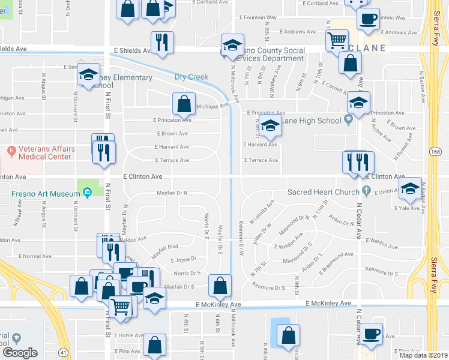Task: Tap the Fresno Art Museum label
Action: [46, 193]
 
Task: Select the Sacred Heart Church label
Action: [323, 192]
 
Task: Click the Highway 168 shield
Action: [435, 151]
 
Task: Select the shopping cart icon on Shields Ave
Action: [336, 40]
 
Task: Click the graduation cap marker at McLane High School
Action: [271, 126]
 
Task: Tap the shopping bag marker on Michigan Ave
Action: [184, 103]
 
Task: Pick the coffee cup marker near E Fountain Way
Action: [368, 17]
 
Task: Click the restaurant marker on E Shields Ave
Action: [162, 41]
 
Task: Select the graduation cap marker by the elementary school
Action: [89, 75]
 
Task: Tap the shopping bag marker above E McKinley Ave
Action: [220, 286]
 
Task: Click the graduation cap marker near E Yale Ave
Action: [411, 188]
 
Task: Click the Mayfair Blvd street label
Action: [164, 247]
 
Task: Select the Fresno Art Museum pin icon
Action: [87, 193]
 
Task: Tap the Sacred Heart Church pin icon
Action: [366, 192]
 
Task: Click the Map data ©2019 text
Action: [423, 355]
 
